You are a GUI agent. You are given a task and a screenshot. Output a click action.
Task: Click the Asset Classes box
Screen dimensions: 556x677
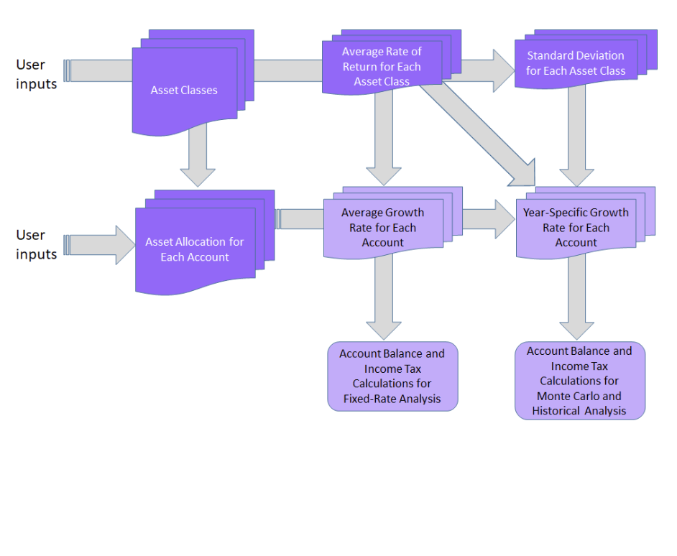tap(184, 91)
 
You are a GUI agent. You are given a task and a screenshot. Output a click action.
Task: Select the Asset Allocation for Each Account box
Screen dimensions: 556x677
tap(195, 249)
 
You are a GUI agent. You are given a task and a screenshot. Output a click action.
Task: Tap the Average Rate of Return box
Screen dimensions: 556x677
tap(382, 67)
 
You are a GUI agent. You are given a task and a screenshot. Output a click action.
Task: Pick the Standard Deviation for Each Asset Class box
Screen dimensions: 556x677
tap(576, 63)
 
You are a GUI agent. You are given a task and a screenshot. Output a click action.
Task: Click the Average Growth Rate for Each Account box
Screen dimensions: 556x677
tap(382, 228)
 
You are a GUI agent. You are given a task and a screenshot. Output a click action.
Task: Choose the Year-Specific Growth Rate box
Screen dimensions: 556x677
tap(576, 228)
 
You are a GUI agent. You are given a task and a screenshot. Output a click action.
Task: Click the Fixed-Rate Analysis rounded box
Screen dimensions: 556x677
tap(392, 376)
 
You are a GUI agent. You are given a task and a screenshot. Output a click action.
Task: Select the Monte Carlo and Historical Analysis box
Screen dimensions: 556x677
tap(579, 381)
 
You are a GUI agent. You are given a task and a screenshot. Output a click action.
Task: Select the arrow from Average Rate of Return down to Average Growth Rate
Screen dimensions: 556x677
tap(383, 144)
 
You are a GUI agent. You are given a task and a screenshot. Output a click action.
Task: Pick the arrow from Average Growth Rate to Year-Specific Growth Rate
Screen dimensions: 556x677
tap(489, 219)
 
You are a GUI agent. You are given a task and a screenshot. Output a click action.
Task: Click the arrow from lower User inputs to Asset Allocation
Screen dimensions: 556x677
tap(101, 245)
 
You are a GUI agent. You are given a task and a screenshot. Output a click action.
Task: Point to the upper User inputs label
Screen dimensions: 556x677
tap(36, 74)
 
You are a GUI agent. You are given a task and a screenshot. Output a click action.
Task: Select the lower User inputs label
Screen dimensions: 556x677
tap(36, 244)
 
